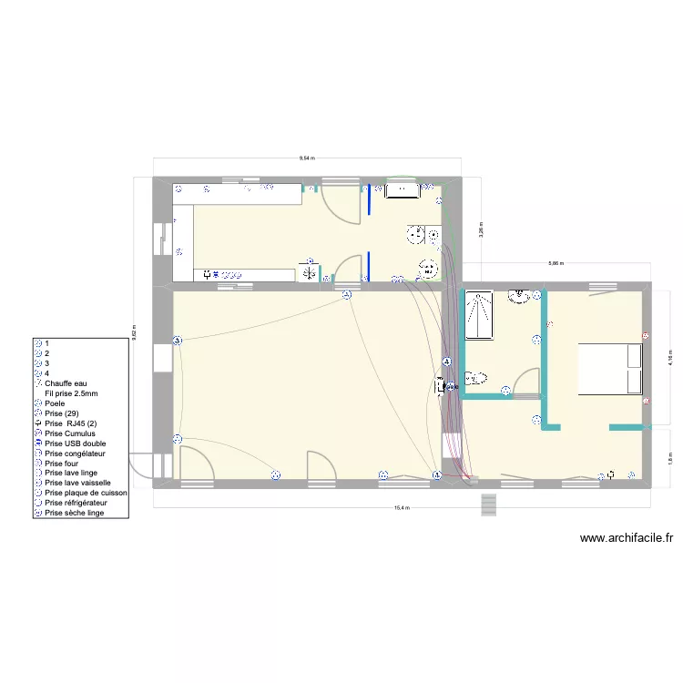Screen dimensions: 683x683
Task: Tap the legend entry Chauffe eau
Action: coord(66,384)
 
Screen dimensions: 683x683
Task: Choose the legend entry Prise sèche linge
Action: coord(75,513)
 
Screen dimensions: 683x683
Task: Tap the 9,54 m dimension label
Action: coord(307,158)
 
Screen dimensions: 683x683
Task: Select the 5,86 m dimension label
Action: coord(556,263)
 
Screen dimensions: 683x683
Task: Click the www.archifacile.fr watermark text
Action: coord(627,538)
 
